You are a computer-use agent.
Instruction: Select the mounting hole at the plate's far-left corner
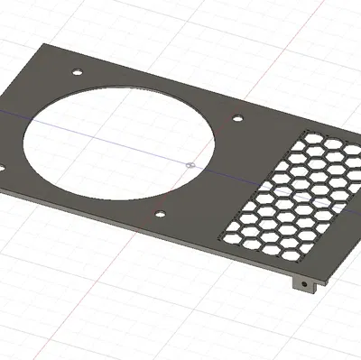tap(77, 70)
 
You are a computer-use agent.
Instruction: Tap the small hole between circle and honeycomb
tap(237, 117)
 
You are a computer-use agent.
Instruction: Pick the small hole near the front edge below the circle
tap(160, 214)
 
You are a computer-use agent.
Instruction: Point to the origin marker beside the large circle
tap(190, 165)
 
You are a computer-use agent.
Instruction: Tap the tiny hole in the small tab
tap(306, 285)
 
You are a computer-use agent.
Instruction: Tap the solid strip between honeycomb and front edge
tap(262, 257)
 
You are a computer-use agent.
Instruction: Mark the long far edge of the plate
tap(199, 91)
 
